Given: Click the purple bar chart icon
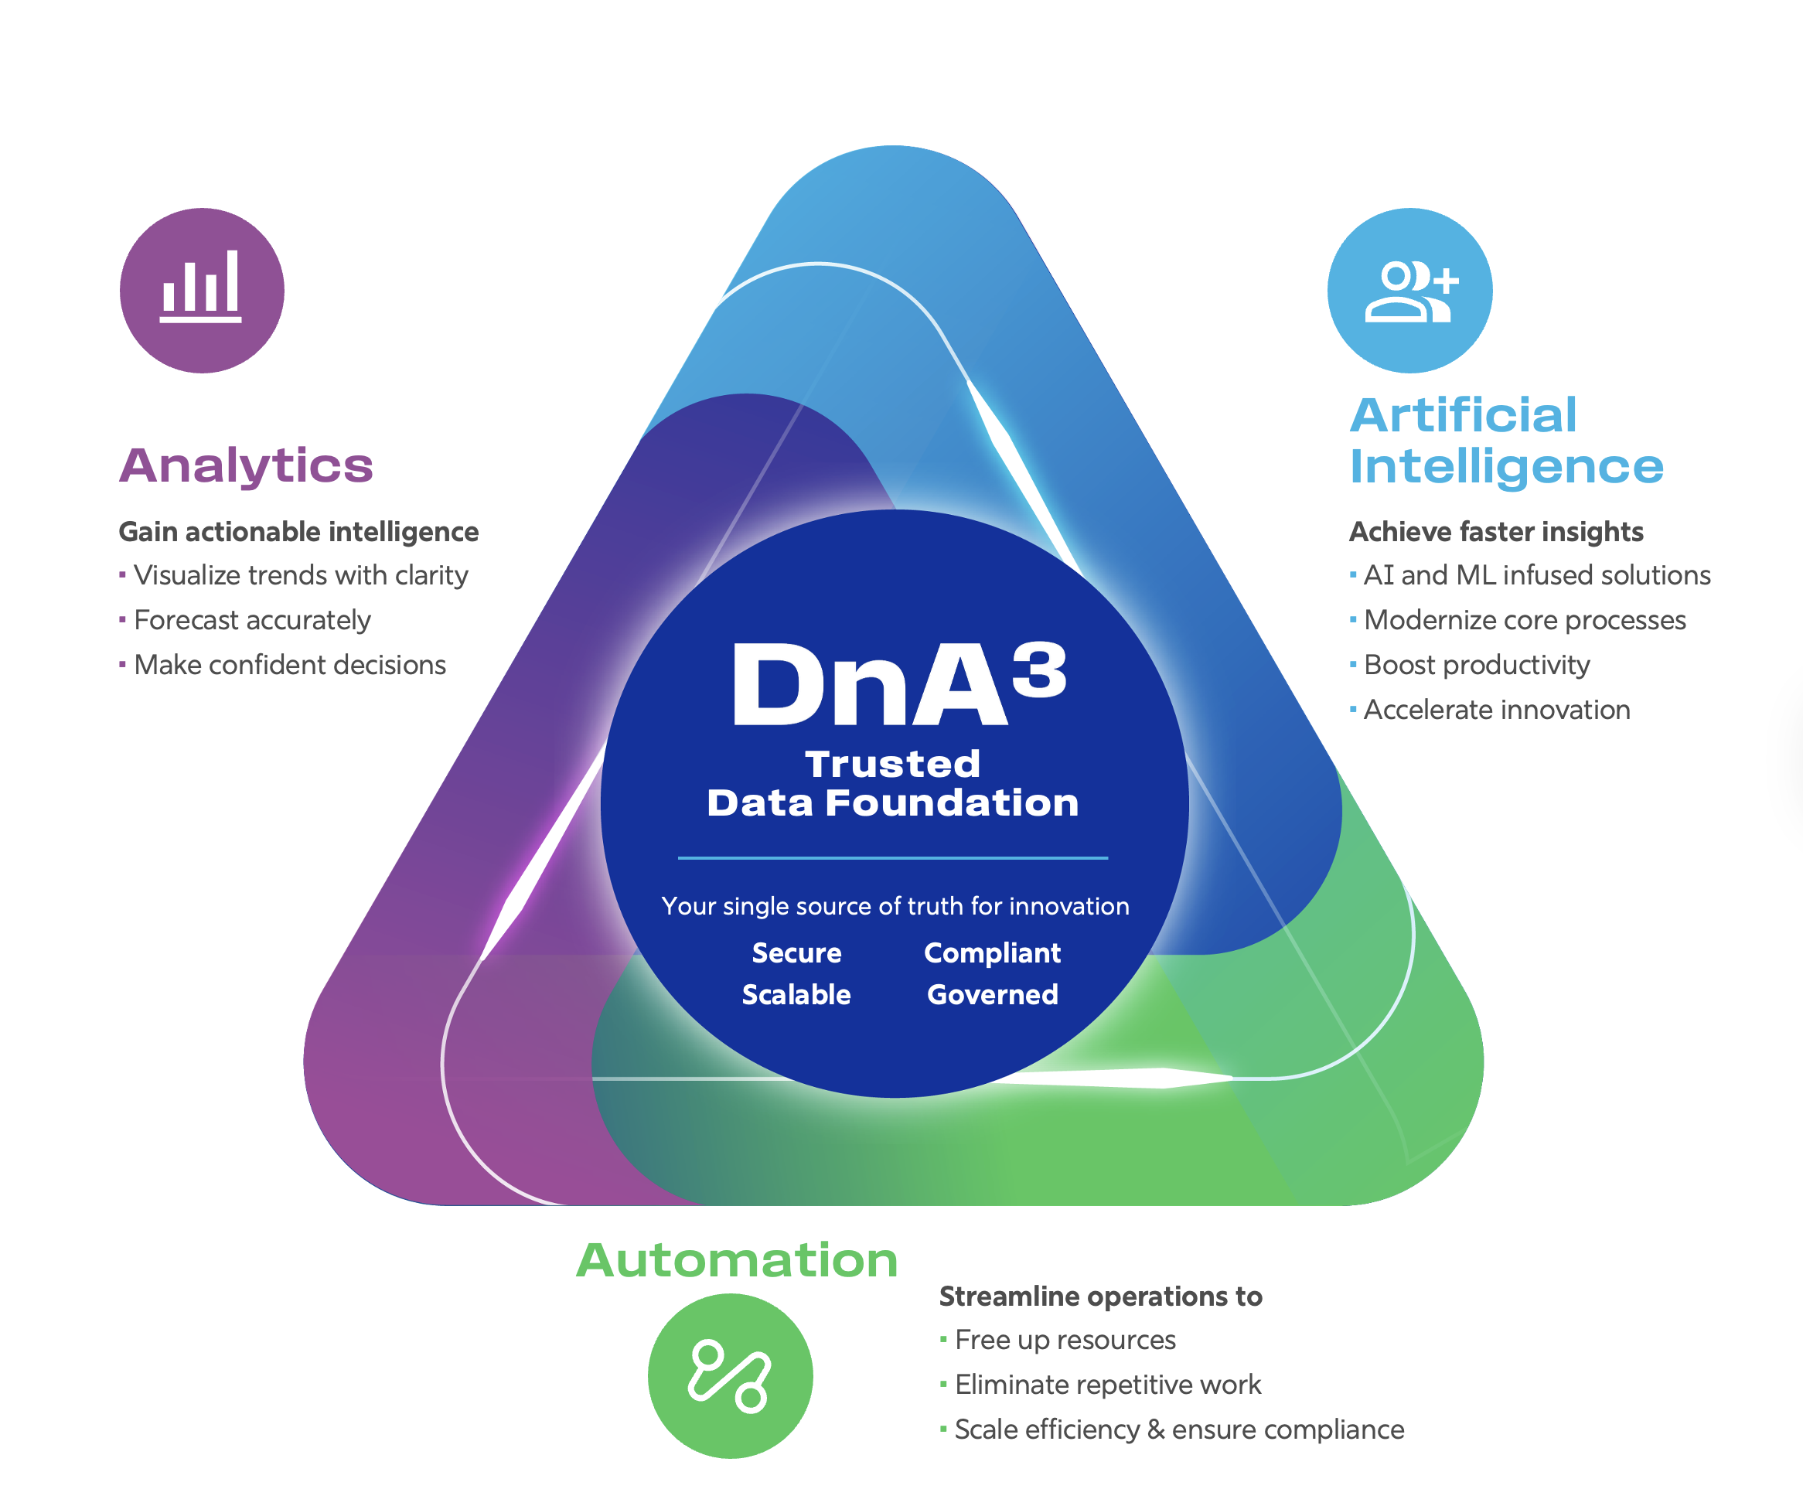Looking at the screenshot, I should click(x=202, y=290).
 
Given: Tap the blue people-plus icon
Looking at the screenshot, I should click(x=1409, y=290).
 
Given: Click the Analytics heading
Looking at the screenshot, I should click(x=246, y=465).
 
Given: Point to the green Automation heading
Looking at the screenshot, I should click(x=737, y=1260).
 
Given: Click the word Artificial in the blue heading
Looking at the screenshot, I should click(x=1464, y=415).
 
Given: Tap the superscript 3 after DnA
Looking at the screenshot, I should click(x=1039, y=670).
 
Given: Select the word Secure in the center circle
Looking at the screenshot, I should click(x=796, y=953).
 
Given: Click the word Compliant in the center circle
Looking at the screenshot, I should click(x=993, y=953).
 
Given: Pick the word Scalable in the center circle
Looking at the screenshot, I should click(x=796, y=994).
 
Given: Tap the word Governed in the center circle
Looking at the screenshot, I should click(x=993, y=994).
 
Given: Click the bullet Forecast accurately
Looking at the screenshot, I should click(x=252, y=620).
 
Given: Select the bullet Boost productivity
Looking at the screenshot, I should click(x=1476, y=665).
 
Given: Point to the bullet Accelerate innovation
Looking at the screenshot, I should click(x=1497, y=710).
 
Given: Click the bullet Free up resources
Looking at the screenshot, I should click(x=1065, y=1340).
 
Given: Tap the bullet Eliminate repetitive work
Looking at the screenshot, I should click(x=1107, y=1385).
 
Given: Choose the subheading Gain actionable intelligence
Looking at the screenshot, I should click(x=298, y=532).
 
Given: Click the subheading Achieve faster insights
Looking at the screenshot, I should click(x=1496, y=532).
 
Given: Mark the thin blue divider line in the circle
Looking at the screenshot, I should click(x=893, y=857).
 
